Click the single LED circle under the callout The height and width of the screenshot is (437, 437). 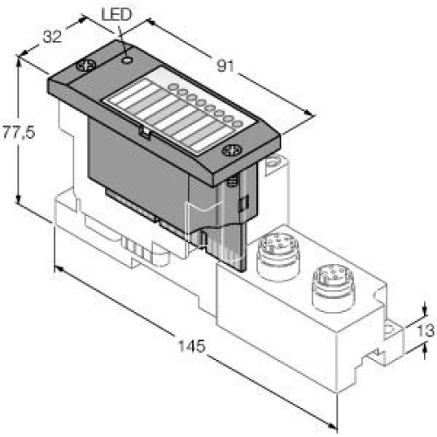(128, 60)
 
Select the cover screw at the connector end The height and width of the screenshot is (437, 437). (232, 150)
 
